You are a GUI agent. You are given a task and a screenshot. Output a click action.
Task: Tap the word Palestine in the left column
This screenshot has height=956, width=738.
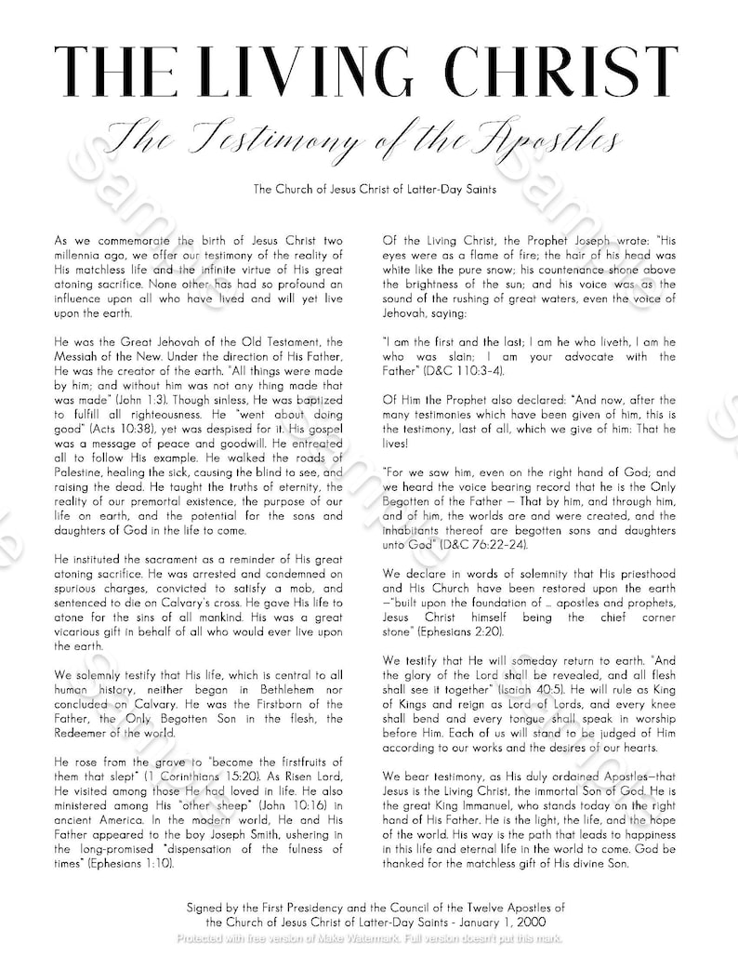click(83, 473)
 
